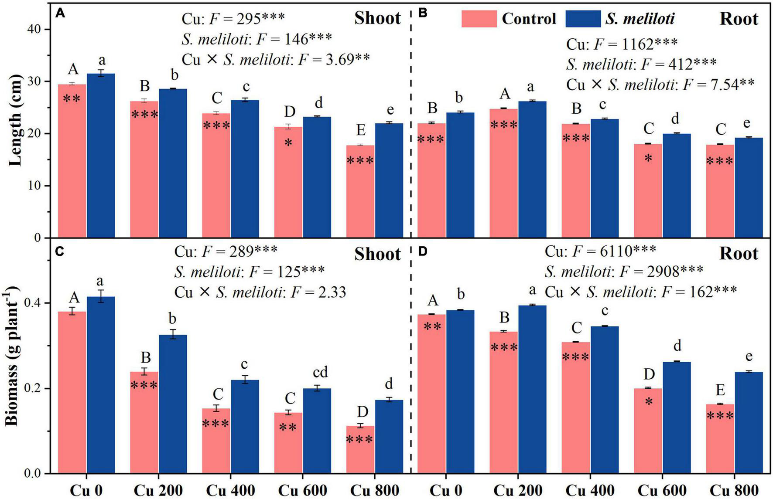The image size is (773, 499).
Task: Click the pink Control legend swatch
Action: (479, 19)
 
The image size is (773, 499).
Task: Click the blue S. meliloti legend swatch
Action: (583, 19)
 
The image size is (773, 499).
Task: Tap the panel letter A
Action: (60, 14)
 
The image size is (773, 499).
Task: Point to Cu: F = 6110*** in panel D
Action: (600, 251)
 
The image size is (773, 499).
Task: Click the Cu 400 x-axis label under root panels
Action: (590, 490)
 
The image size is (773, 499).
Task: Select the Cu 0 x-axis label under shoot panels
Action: (86, 490)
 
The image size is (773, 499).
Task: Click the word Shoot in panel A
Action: (377, 18)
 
